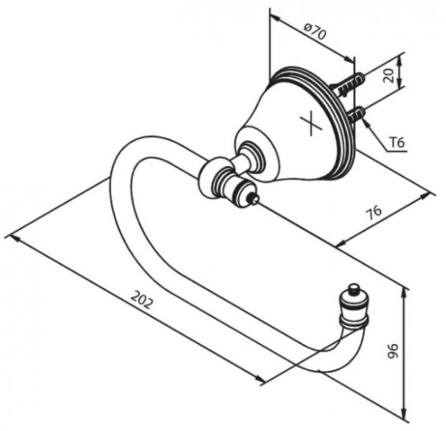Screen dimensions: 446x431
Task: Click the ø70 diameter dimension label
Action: click(x=315, y=32)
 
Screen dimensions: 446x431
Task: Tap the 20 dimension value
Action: click(x=389, y=75)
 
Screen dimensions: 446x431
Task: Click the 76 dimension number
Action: click(x=374, y=212)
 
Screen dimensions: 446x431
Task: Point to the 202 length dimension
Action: click(x=142, y=300)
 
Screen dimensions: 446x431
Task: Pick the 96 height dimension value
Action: click(x=393, y=351)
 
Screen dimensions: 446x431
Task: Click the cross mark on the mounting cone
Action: click(x=311, y=122)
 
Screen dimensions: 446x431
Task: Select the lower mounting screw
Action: click(x=355, y=114)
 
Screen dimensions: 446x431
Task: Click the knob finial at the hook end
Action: click(x=353, y=304)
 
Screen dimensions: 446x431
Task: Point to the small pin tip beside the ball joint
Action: click(x=254, y=198)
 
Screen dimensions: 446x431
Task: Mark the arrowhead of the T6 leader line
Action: click(x=365, y=123)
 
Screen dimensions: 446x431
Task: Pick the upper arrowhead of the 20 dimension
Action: click(x=399, y=61)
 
